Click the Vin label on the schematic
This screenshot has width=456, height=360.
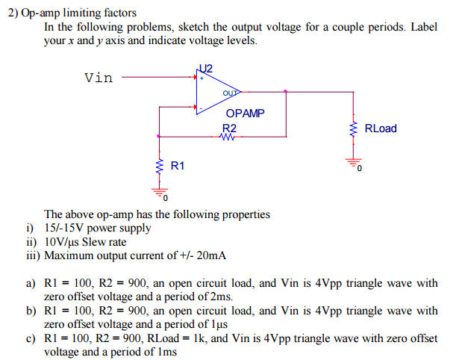coord(99,76)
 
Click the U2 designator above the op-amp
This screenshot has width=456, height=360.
coord(205,68)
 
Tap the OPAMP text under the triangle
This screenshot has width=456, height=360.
coord(244,114)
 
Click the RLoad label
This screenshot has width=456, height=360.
coord(381,128)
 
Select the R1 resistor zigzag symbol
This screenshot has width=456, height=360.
coord(159,164)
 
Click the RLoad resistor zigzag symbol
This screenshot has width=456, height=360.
coord(352,129)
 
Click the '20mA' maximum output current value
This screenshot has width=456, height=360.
coord(212,255)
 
